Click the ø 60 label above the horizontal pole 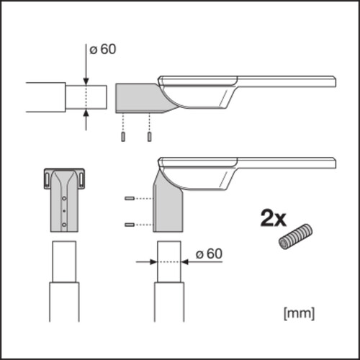click(103, 50)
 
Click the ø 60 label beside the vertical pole click(209, 254)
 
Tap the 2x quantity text click(274, 218)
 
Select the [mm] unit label click(299, 313)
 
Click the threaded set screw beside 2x click(295, 237)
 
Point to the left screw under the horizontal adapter click(123, 137)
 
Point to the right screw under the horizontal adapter click(149, 137)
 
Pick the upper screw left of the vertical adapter click(130, 199)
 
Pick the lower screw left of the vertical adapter click(130, 225)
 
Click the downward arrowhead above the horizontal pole click(86, 81)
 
